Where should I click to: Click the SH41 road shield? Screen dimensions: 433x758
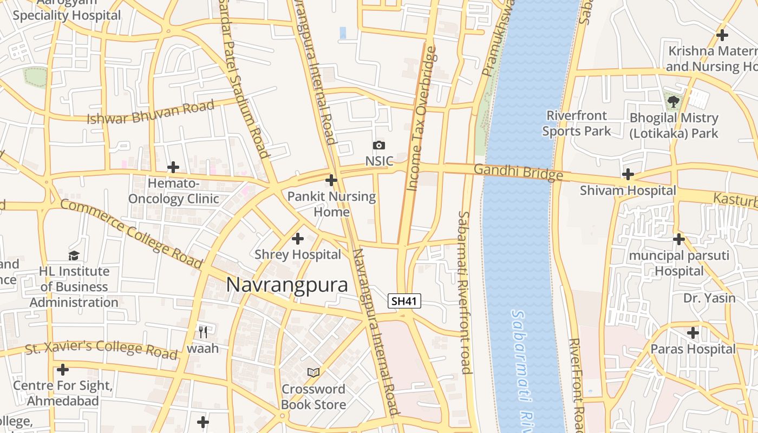tap(404, 301)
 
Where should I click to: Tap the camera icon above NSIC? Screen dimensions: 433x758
tap(379, 145)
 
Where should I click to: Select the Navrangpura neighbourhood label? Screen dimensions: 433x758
tap(287, 285)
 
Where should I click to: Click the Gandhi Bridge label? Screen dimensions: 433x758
tap(518, 172)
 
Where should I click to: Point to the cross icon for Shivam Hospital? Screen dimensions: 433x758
tap(628, 174)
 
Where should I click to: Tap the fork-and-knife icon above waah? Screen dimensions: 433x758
tap(203, 331)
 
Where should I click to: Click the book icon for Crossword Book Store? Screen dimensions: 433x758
tap(313, 372)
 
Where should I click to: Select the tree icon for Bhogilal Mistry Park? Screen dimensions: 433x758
tap(674, 101)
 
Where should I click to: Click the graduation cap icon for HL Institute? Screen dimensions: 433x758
tap(74, 255)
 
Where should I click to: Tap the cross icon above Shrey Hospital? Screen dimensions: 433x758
tap(297, 238)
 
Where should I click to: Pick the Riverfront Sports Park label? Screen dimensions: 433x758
tap(577, 123)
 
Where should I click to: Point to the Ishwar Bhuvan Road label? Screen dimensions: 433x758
tap(151, 113)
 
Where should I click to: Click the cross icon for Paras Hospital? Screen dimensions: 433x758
tap(692, 333)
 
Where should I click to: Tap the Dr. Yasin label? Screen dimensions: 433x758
tap(709, 298)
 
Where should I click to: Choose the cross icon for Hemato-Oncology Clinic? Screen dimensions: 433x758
tap(173, 167)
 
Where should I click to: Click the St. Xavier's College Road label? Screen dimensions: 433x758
tap(101, 349)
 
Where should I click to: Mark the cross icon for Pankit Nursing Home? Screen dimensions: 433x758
tap(331, 180)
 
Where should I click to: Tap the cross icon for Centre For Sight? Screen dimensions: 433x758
tap(63, 370)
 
